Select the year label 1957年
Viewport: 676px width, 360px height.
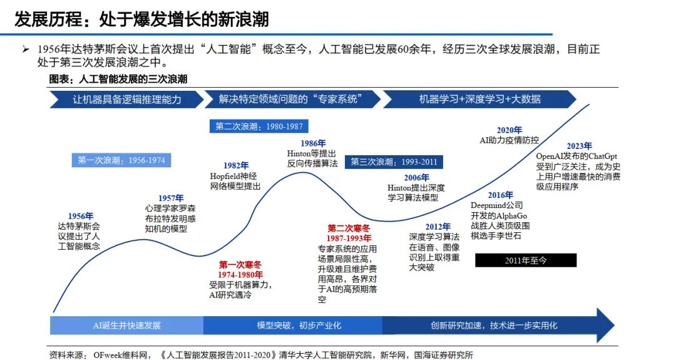point(170,198)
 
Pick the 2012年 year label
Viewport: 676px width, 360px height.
point(438,227)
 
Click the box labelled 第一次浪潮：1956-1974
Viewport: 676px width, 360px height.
point(121,160)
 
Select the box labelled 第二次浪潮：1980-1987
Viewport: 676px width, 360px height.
point(259,126)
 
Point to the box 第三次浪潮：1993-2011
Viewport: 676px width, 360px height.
point(394,162)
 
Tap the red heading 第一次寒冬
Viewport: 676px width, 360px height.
point(240,265)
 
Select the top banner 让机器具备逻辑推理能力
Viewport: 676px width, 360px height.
point(127,100)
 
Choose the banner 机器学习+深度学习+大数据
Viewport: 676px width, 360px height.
point(479,100)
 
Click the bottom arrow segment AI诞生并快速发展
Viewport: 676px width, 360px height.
point(126,326)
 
